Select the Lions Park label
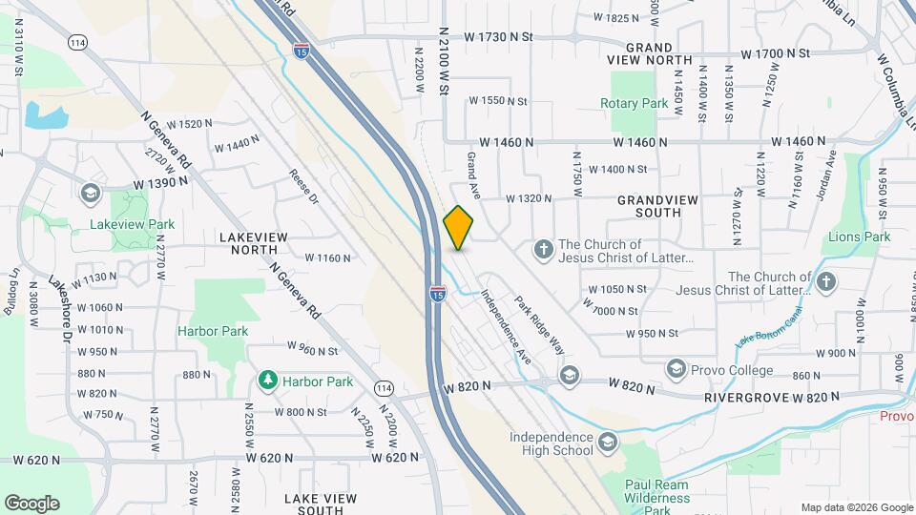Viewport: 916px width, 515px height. (859, 237)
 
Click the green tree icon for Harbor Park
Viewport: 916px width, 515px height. (267, 381)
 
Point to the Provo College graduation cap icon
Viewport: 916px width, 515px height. (677, 368)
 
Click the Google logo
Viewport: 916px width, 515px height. (31, 504)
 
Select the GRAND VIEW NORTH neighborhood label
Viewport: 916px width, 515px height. (658, 53)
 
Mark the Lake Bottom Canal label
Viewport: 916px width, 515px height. (770, 327)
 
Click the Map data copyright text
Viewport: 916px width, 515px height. (856, 507)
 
